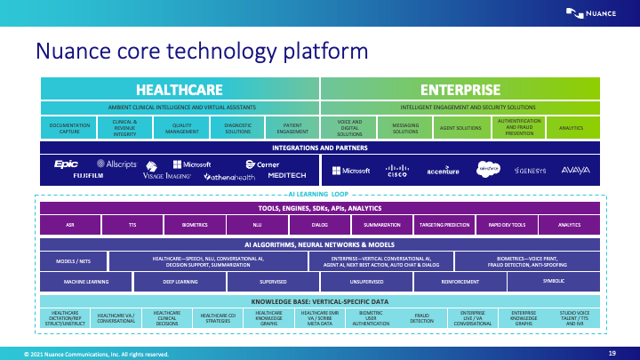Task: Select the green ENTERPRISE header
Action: pyautogui.click(x=460, y=89)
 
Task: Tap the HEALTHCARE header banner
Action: pyautogui.click(x=178, y=89)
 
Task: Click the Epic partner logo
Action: pyautogui.click(x=67, y=164)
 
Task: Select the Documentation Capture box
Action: pyautogui.click(x=69, y=128)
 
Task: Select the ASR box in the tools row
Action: pyautogui.click(x=69, y=226)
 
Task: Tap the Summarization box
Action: pyautogui.click(x=381, y=226)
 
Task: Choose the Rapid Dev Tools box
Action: pyautogui.click(x=506, y=226)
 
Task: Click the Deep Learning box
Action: pyautogui.click(x=178, y=281)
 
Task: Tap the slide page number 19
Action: pyautogui.click(x=612, y=353)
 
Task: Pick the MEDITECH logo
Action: pyautogui.click(x=287, y=176)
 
